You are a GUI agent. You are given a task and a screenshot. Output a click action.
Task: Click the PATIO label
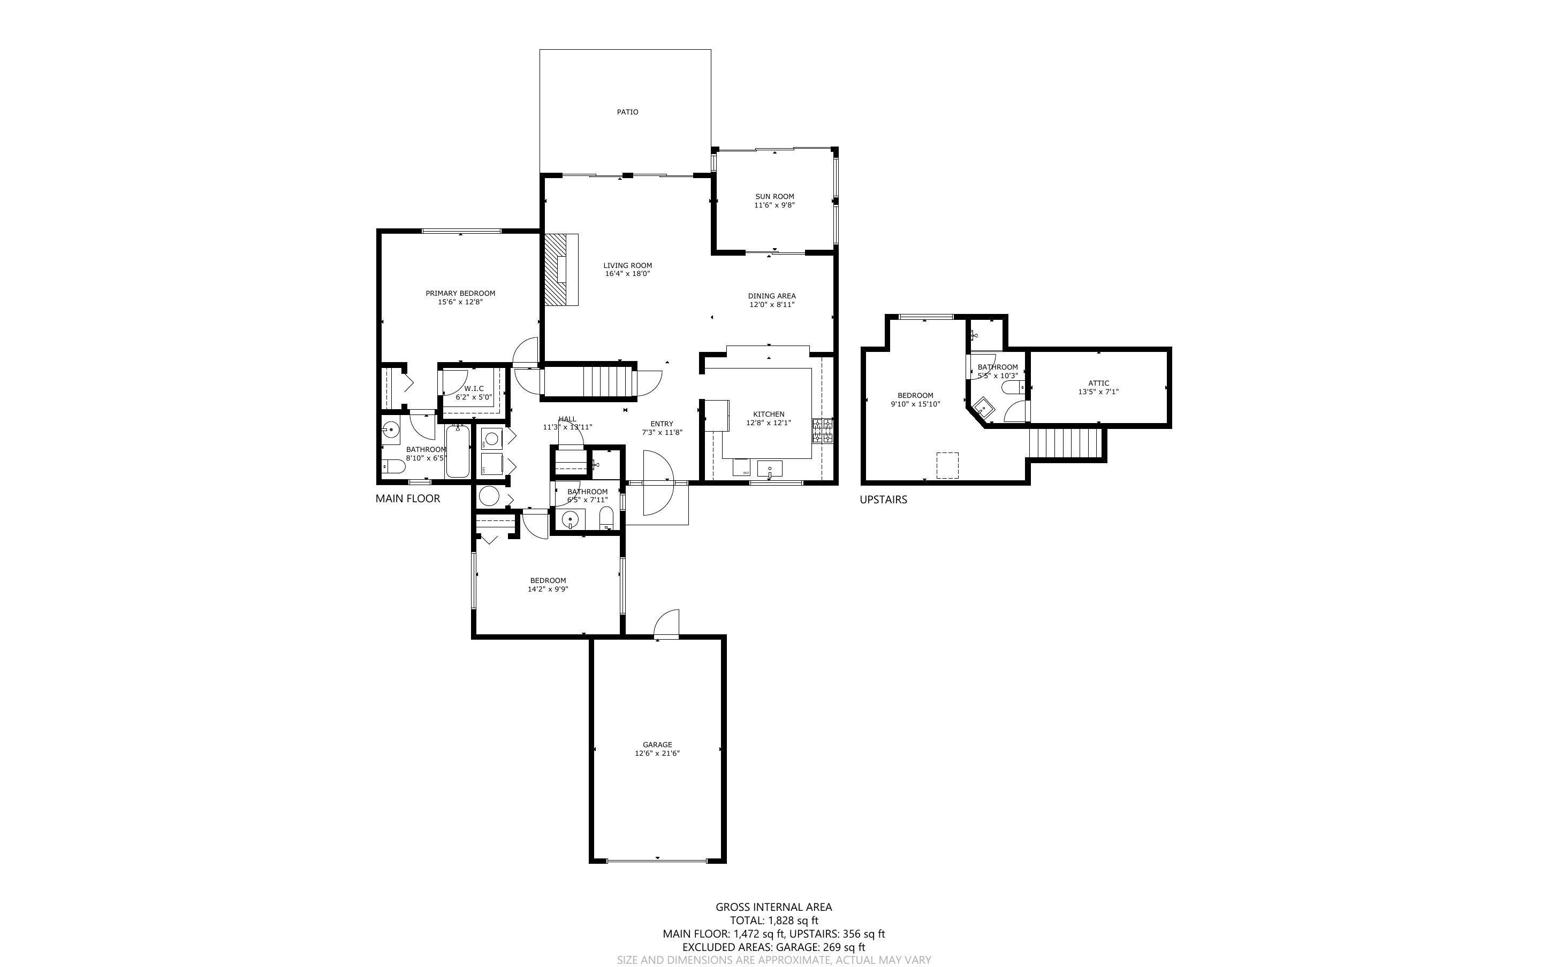627,112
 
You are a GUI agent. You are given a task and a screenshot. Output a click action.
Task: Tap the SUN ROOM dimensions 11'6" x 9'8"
774,205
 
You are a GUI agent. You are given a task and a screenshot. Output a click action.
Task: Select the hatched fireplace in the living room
557,269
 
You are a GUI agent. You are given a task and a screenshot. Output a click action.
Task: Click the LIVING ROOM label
627,265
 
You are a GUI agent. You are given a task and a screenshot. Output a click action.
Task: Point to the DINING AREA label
772,296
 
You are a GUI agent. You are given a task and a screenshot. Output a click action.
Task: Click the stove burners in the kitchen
823,431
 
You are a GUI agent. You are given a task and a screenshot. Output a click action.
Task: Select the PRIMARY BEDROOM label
460,294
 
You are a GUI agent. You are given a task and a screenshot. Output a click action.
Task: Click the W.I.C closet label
474,388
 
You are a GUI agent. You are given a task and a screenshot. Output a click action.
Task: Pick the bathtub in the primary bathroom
458,452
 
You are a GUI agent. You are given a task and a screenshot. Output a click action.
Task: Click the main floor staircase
602,381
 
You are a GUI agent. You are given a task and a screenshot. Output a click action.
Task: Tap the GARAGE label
657,745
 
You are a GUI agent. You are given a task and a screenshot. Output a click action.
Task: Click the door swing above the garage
667,624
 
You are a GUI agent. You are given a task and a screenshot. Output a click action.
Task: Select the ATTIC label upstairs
1098,383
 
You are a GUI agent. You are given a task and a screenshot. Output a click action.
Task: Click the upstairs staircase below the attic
1066,443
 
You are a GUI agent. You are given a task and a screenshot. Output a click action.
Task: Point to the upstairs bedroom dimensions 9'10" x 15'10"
915,404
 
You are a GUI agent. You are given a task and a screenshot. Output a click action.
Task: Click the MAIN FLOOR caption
407,499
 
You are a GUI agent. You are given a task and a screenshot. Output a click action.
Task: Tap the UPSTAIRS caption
883,500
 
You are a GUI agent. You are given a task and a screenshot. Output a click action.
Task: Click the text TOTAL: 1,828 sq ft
773,921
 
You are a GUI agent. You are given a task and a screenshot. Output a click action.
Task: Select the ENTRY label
662,424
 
